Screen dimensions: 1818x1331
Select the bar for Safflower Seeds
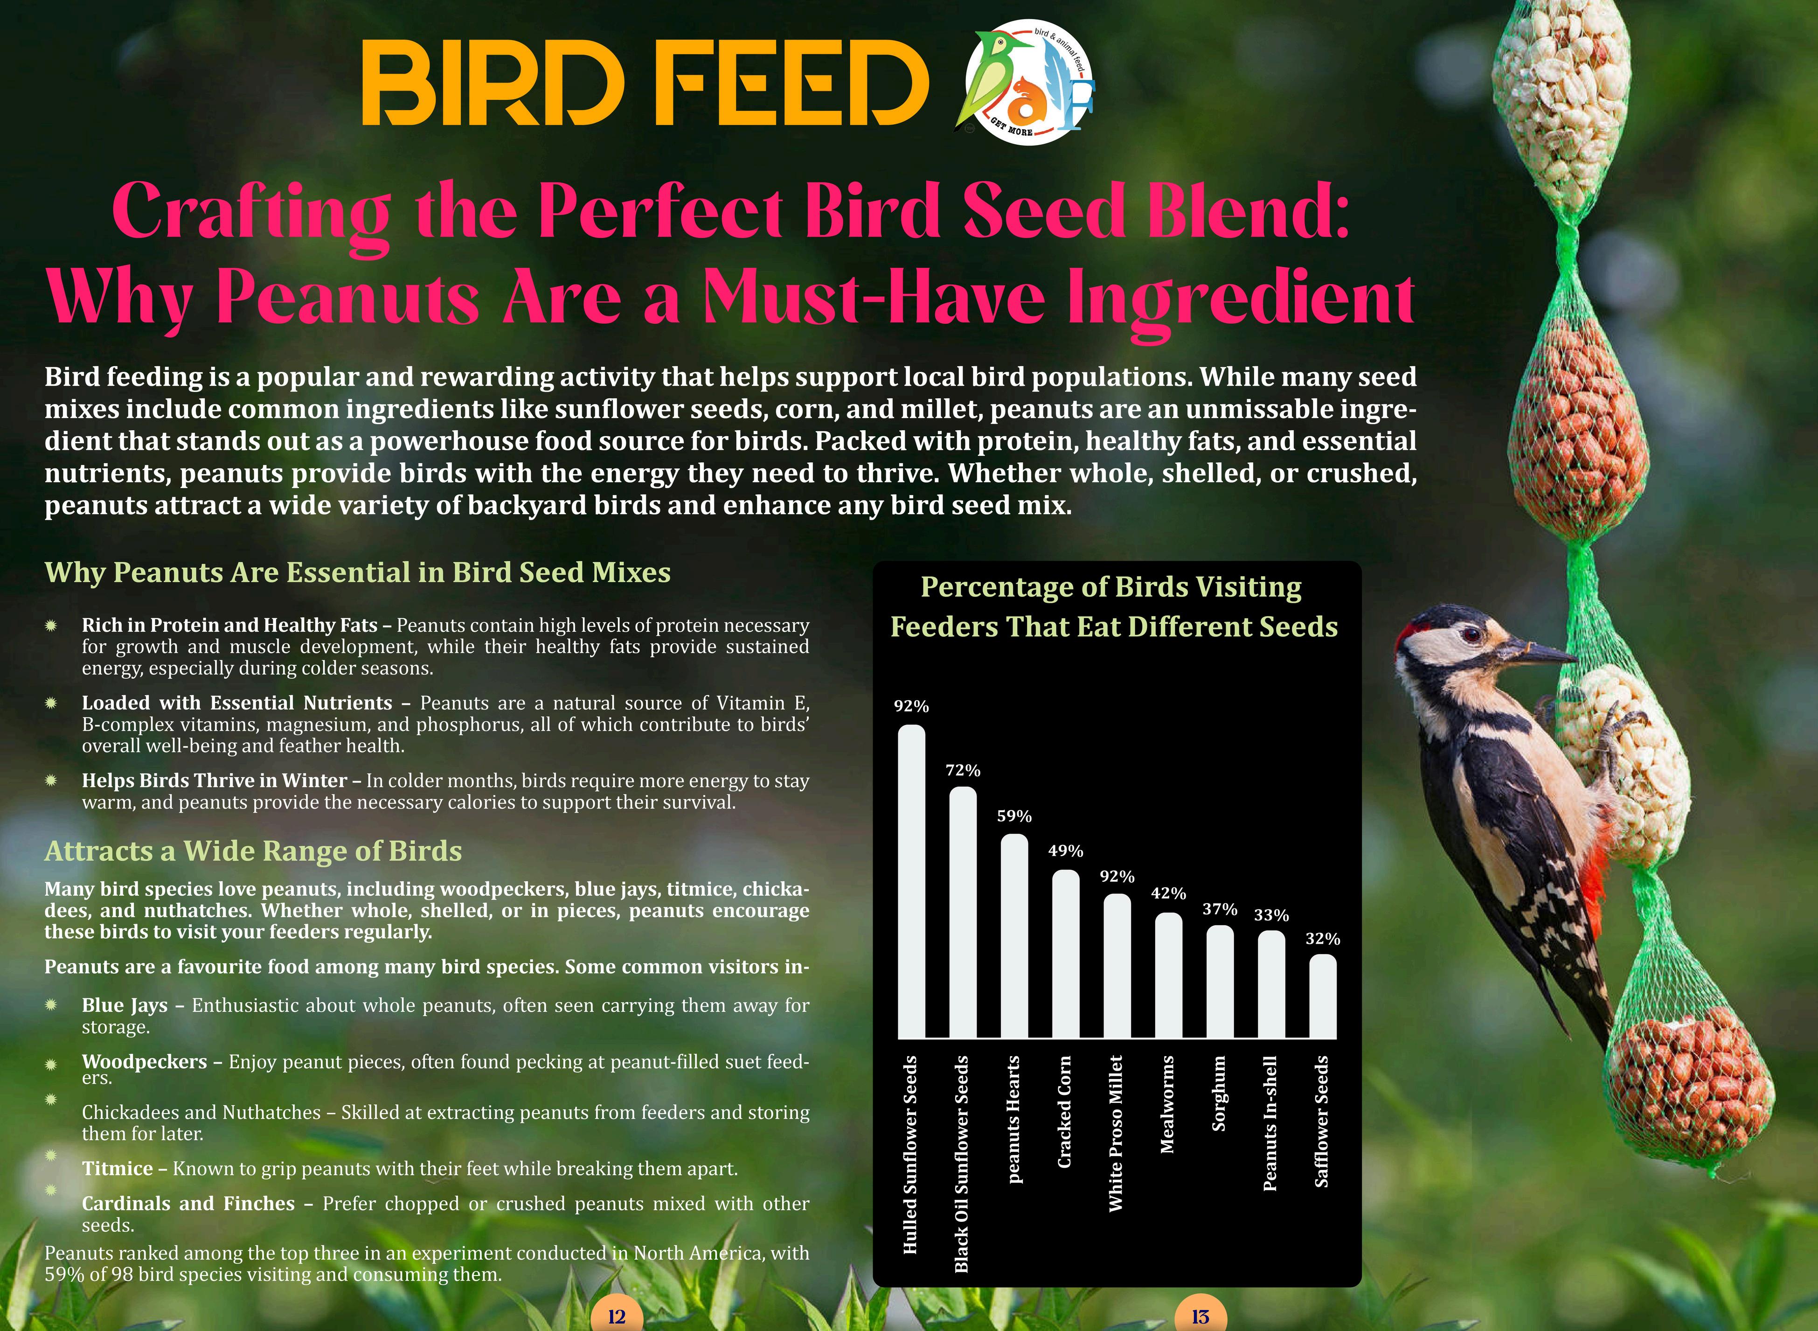click(x=1323, y=997)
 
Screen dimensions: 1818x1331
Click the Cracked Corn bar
click(x=1066, y=955)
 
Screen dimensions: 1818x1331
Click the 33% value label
click(x=1271, y=915)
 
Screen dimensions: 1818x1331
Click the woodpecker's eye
click(x=1471, y=636)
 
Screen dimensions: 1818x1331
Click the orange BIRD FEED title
click(x=645, y=84)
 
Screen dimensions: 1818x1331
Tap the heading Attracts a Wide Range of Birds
click(x=253, y=851)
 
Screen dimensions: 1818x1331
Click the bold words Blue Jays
click(x=125, y=1005)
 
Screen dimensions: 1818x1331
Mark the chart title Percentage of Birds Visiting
click(x=1111, y=587)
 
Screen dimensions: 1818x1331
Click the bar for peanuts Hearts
click(x=1014, y=937)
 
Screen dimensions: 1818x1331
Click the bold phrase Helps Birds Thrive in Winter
click(x=214, y=780)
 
